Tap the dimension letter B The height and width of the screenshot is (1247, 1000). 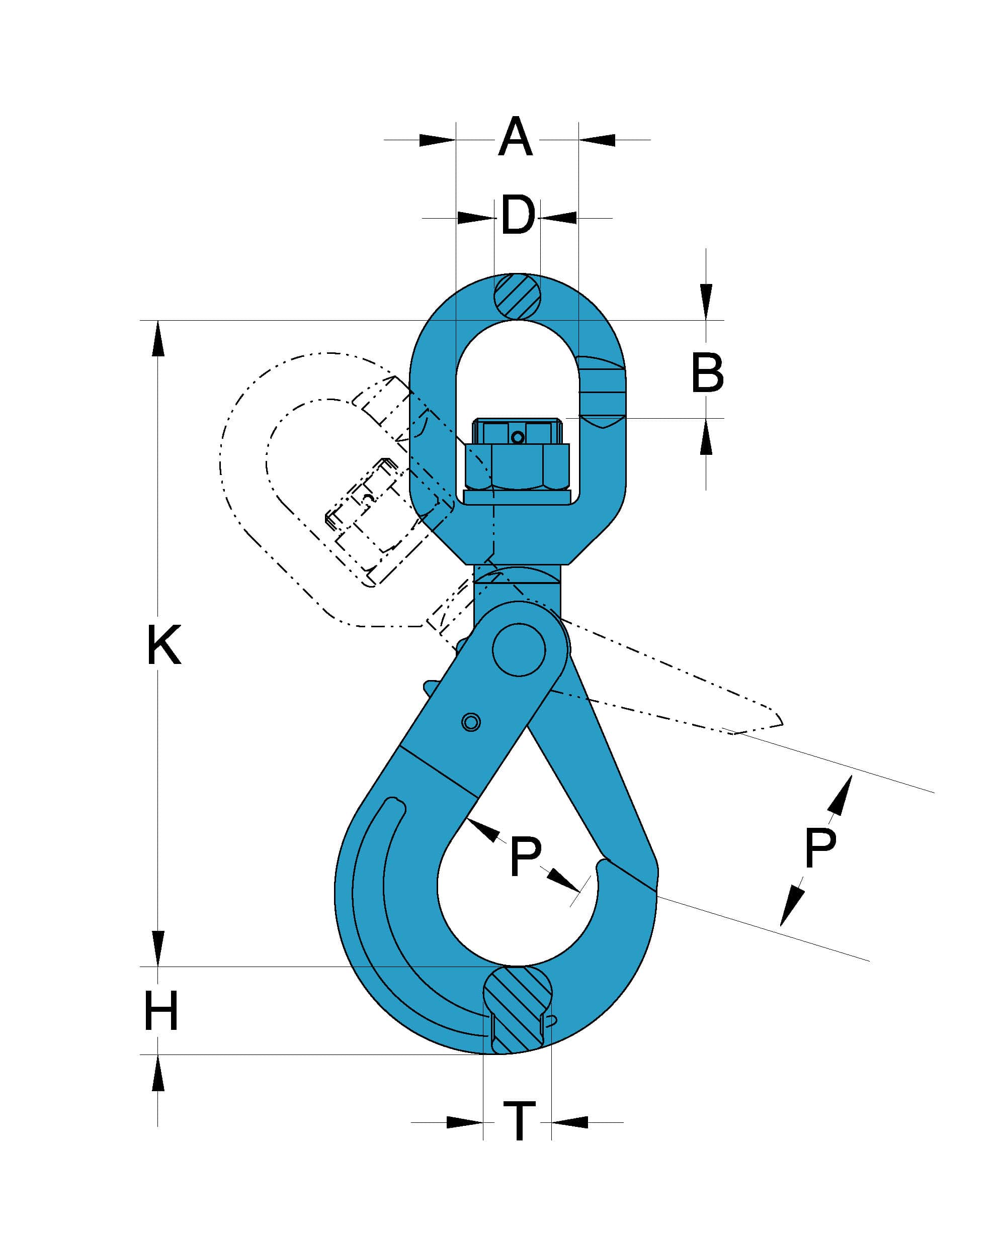(707, 373)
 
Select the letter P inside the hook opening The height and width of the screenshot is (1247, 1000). (525, 855)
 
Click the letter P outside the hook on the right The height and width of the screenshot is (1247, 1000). (819, 847)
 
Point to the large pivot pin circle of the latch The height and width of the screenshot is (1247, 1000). (519, 649)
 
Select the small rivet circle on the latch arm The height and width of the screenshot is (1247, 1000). (471, 722)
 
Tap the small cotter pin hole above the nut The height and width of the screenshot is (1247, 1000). (518, 438)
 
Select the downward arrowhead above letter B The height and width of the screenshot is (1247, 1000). (706, 301)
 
